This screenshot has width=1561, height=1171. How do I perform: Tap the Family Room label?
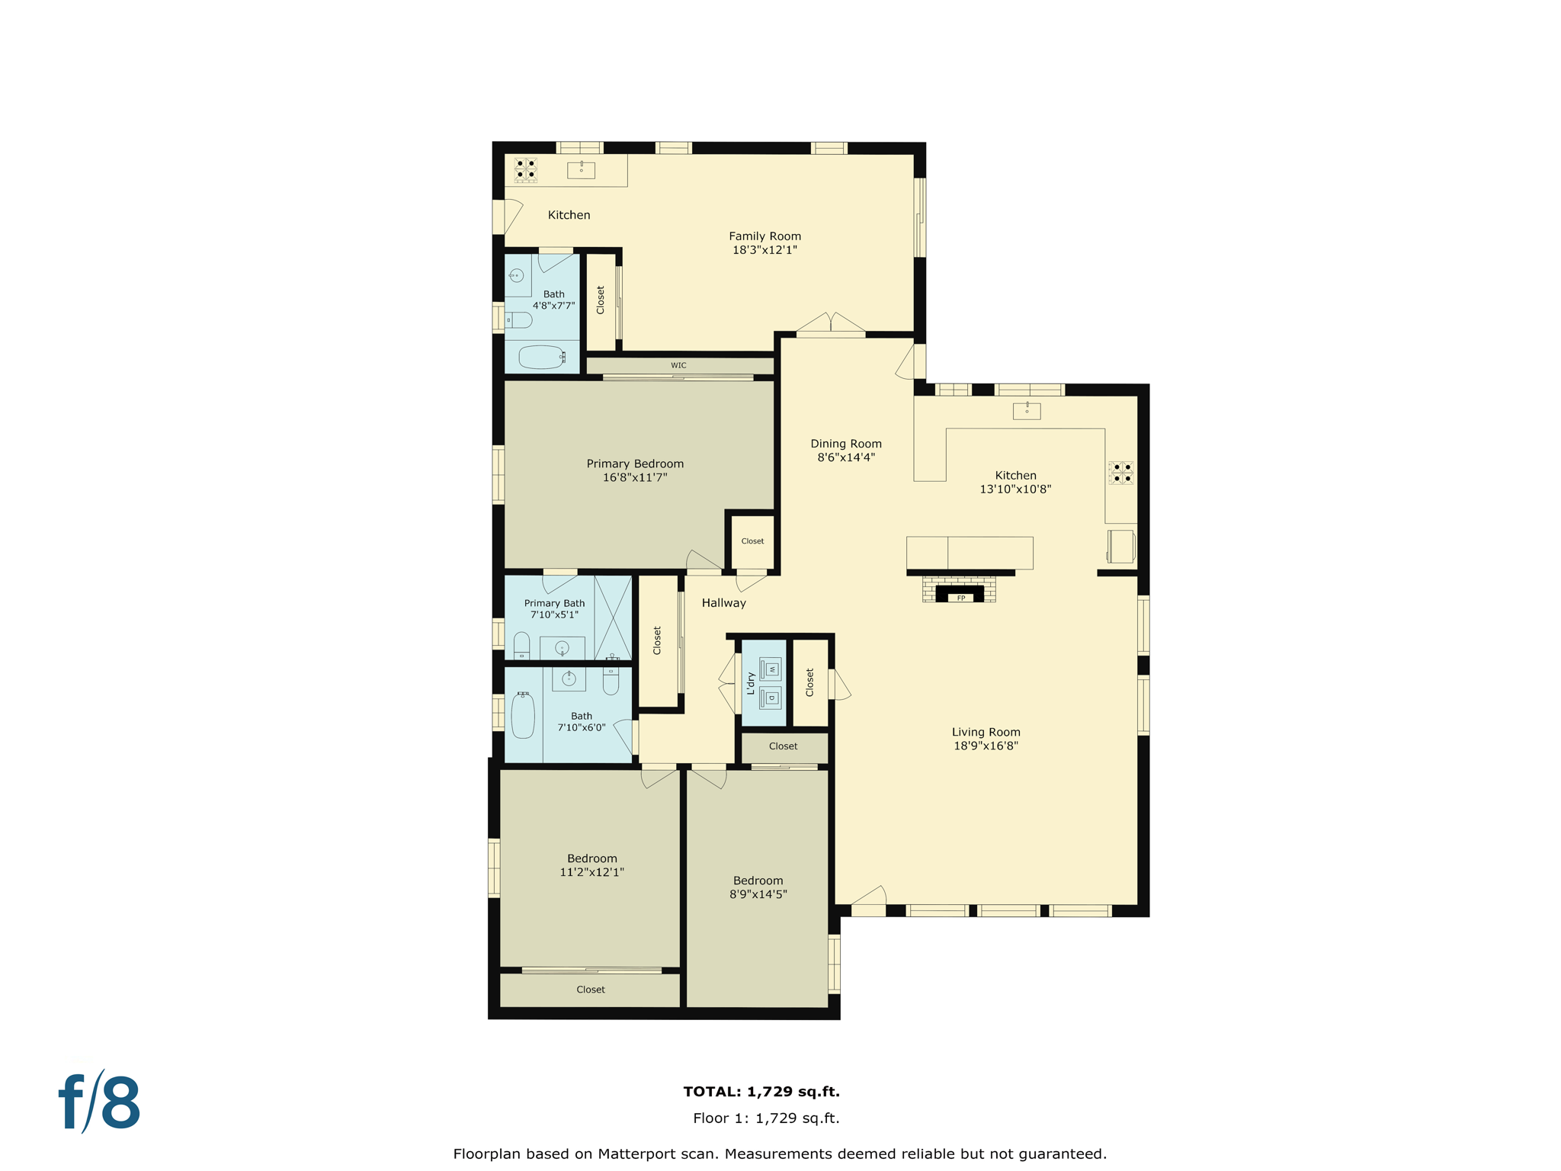pyautogui.click(x=764, y=236)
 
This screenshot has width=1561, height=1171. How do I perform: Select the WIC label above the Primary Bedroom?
pyautogui.click(x=678, y=365)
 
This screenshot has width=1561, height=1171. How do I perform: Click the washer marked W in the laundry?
pyautogui.click(x=771, y=669)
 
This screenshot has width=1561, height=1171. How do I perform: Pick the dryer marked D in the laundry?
pyautogui.click(x=771, y=697)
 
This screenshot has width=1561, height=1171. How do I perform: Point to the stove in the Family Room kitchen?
pyautogui.click(x=526, y=169)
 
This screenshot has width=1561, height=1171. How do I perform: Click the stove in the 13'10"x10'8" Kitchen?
pyautogui.click(x=1121, y=473)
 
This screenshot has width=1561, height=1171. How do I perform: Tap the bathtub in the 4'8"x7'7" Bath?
pyautogui.click(x=541, y=357)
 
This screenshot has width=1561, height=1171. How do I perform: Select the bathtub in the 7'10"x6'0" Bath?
pyautogui.click(x=523, y=715)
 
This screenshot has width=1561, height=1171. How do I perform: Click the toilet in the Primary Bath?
pyautogui.click(x=521, y=645)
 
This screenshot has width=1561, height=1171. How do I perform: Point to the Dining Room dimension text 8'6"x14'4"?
pyautogui.click(x=846, y=457)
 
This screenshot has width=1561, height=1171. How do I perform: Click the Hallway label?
pyautogui.click(x=723, y=603)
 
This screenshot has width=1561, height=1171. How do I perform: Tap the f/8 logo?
pyautogui.click(x=100, y=1102)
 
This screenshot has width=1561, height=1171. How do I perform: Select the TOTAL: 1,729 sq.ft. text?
pyautogui.click(x=761, y=1092)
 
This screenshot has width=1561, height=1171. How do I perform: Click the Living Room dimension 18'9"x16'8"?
pyautogui.click(x=986, y=746)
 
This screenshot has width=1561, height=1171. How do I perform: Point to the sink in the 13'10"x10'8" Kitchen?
pyautogui.click(x=1027, y=411)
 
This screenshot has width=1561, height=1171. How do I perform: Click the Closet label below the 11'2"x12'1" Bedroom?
pyautogui.click(x=591, y=990)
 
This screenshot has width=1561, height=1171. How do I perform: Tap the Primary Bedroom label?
pyautogui.click(x=635, y=464)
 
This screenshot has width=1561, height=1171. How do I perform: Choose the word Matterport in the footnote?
pyautogui.click(x=657, y=1154)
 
